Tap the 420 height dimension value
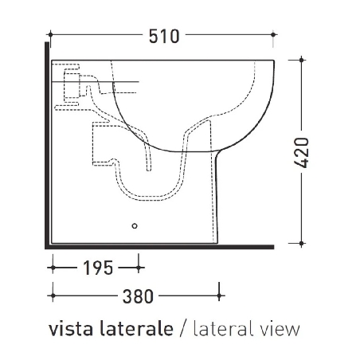click(x=301, y=151)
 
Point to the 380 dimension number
click(x=138, y=296)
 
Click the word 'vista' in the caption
click(x=68, y=329)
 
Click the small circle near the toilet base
click(x=134, y=226)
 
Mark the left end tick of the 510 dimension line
click(x=51, y=35)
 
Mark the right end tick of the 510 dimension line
click(x=276, y=35)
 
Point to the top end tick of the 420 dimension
click(x=301, y=60)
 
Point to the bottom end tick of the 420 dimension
click(x=301, y=242)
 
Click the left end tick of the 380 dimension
click(x=51, y=296)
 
